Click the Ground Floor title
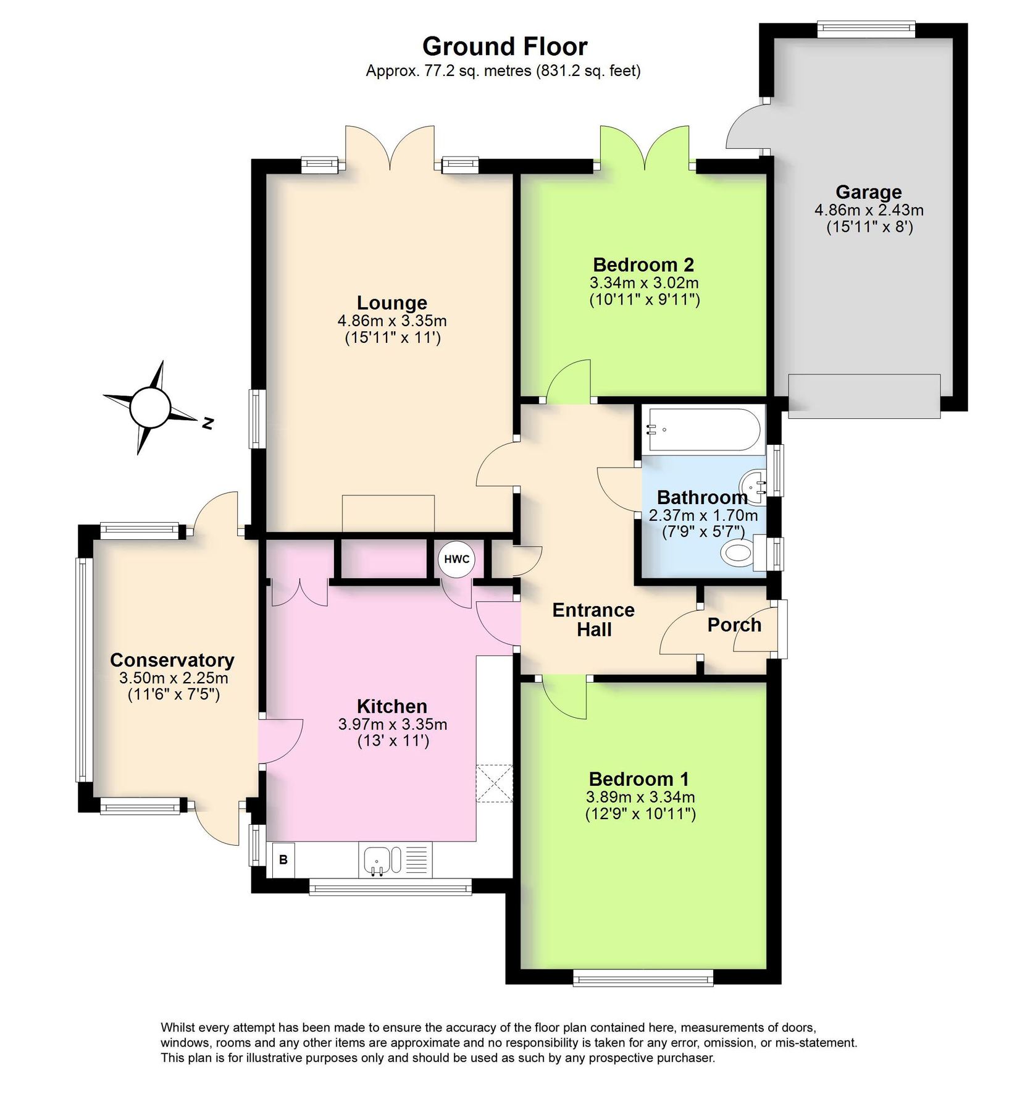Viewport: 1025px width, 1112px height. [504, 46]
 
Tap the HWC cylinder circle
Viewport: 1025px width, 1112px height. [456, 559]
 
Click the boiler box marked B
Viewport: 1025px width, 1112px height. [283, 859]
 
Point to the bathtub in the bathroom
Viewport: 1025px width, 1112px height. [703, 429]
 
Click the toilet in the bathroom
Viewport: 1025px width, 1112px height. [737, 552]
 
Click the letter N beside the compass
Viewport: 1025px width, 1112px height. [208, 423]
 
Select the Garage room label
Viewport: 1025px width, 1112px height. [868, 192]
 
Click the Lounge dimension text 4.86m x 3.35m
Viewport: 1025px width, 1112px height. [392, 321]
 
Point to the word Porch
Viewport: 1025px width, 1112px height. [734, 625]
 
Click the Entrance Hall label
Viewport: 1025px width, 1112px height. [593, 620]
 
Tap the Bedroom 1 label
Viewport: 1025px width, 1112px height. [638, 778]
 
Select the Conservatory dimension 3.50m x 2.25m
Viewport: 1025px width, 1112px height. [174, 678]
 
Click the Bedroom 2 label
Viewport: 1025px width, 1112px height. [643, 264]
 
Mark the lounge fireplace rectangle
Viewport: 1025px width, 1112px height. [388, 513]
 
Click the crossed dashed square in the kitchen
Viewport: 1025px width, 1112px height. [495, 783]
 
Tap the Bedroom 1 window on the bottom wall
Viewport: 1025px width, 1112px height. [643, 977]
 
